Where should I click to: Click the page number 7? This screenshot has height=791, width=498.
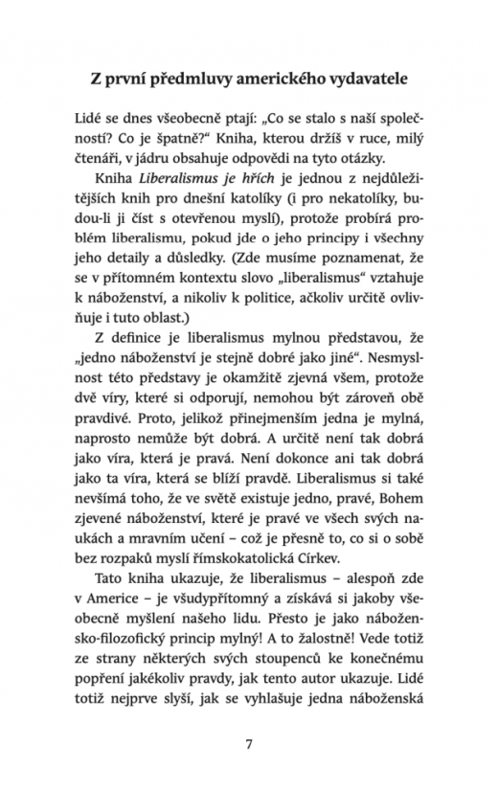coord(249,742)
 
